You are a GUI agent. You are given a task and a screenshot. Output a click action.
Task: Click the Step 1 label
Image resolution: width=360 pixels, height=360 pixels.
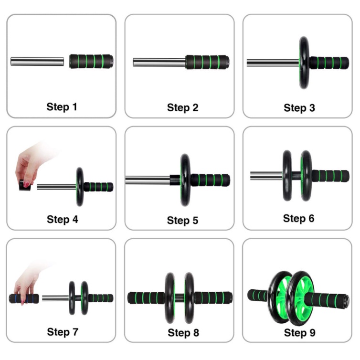point(62,107)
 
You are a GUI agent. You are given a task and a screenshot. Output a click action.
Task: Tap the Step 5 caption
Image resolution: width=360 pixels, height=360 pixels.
point(182,221)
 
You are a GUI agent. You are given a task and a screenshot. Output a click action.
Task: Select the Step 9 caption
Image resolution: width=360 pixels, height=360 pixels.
point(300,333)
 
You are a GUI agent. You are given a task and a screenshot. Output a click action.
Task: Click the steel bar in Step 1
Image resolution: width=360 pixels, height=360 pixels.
point(37,62)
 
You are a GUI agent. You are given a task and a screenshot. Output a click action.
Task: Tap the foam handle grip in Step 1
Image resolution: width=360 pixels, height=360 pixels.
point(91,61)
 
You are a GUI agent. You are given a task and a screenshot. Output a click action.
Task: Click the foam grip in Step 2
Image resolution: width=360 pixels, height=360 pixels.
point(207,62)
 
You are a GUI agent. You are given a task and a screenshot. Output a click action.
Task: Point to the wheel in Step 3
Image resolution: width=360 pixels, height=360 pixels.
point(304,63)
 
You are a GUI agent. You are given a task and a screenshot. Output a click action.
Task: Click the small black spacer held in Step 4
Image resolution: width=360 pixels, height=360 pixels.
point(25,186)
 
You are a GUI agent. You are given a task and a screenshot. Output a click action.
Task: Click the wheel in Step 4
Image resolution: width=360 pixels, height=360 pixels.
point(80,187)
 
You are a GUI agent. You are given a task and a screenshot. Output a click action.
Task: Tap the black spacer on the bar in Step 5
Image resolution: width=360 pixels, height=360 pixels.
point(175,180)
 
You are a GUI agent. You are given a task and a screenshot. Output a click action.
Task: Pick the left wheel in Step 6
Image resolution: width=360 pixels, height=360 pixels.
point(287,176)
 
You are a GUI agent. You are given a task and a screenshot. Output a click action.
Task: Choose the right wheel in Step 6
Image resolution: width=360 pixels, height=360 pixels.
point(306,176)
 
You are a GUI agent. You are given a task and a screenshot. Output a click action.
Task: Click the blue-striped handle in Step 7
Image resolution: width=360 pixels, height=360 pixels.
point(24,298)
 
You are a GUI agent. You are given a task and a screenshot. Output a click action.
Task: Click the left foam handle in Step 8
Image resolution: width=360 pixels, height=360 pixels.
point(146,298)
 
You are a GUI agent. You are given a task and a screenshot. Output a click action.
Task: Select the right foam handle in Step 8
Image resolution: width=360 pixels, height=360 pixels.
point(213,298)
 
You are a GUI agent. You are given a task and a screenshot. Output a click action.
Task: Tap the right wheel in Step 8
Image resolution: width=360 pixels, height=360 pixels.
point(190,298)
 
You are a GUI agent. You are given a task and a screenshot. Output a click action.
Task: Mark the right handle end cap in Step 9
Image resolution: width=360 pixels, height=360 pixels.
point(346,301)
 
